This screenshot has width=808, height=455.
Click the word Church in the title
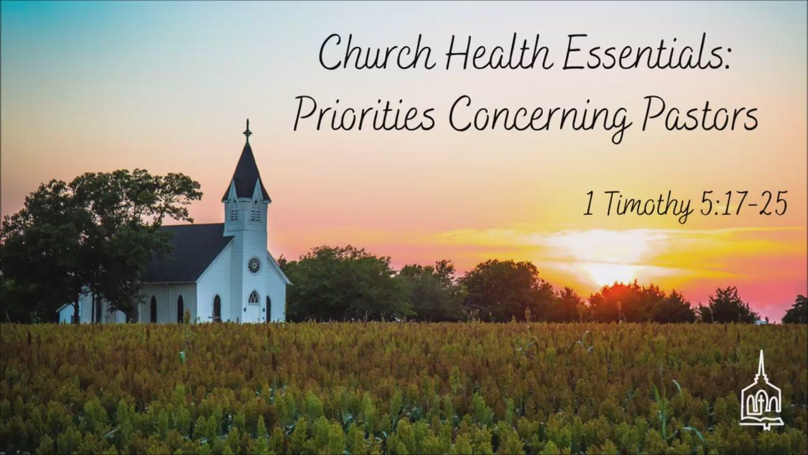point(377,53)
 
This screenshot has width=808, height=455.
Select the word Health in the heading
point(499,52)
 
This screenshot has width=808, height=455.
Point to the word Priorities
point(364,113)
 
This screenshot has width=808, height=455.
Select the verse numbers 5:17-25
point(744,203)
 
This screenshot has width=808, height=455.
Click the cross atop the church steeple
point(247,131)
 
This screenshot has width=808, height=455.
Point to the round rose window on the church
point(254,265)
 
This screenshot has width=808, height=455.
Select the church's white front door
point(254,313)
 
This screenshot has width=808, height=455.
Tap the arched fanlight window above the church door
point(254,297)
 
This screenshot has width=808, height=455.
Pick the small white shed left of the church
point(66,313)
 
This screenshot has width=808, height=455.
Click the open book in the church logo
point(761,422)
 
